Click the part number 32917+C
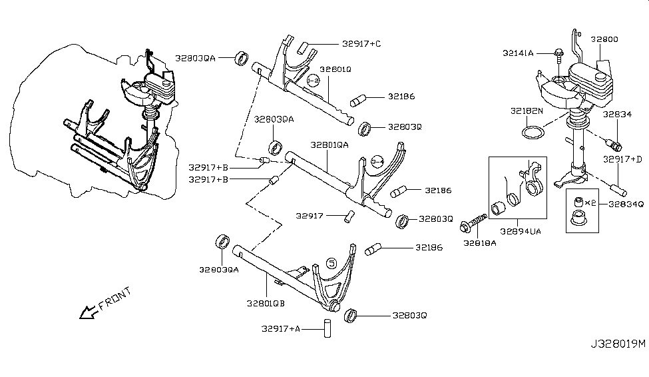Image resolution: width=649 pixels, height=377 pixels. pos(362,44)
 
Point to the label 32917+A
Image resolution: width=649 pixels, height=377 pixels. pos(283,328)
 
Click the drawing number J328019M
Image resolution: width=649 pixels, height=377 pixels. pos(617,344)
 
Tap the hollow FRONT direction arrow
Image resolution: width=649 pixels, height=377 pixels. pos(87,312)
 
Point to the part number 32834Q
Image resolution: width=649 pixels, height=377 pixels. pos(626,204)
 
